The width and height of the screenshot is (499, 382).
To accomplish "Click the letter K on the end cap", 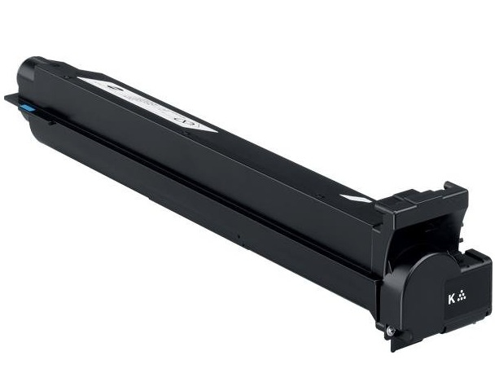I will [x=450, y=297].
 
